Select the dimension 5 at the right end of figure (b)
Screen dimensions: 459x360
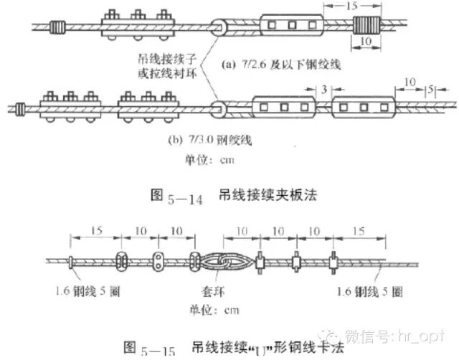pyautogui.click(x=429, y=92)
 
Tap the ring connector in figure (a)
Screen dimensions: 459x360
pyautogui.click(x=220, y=27)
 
